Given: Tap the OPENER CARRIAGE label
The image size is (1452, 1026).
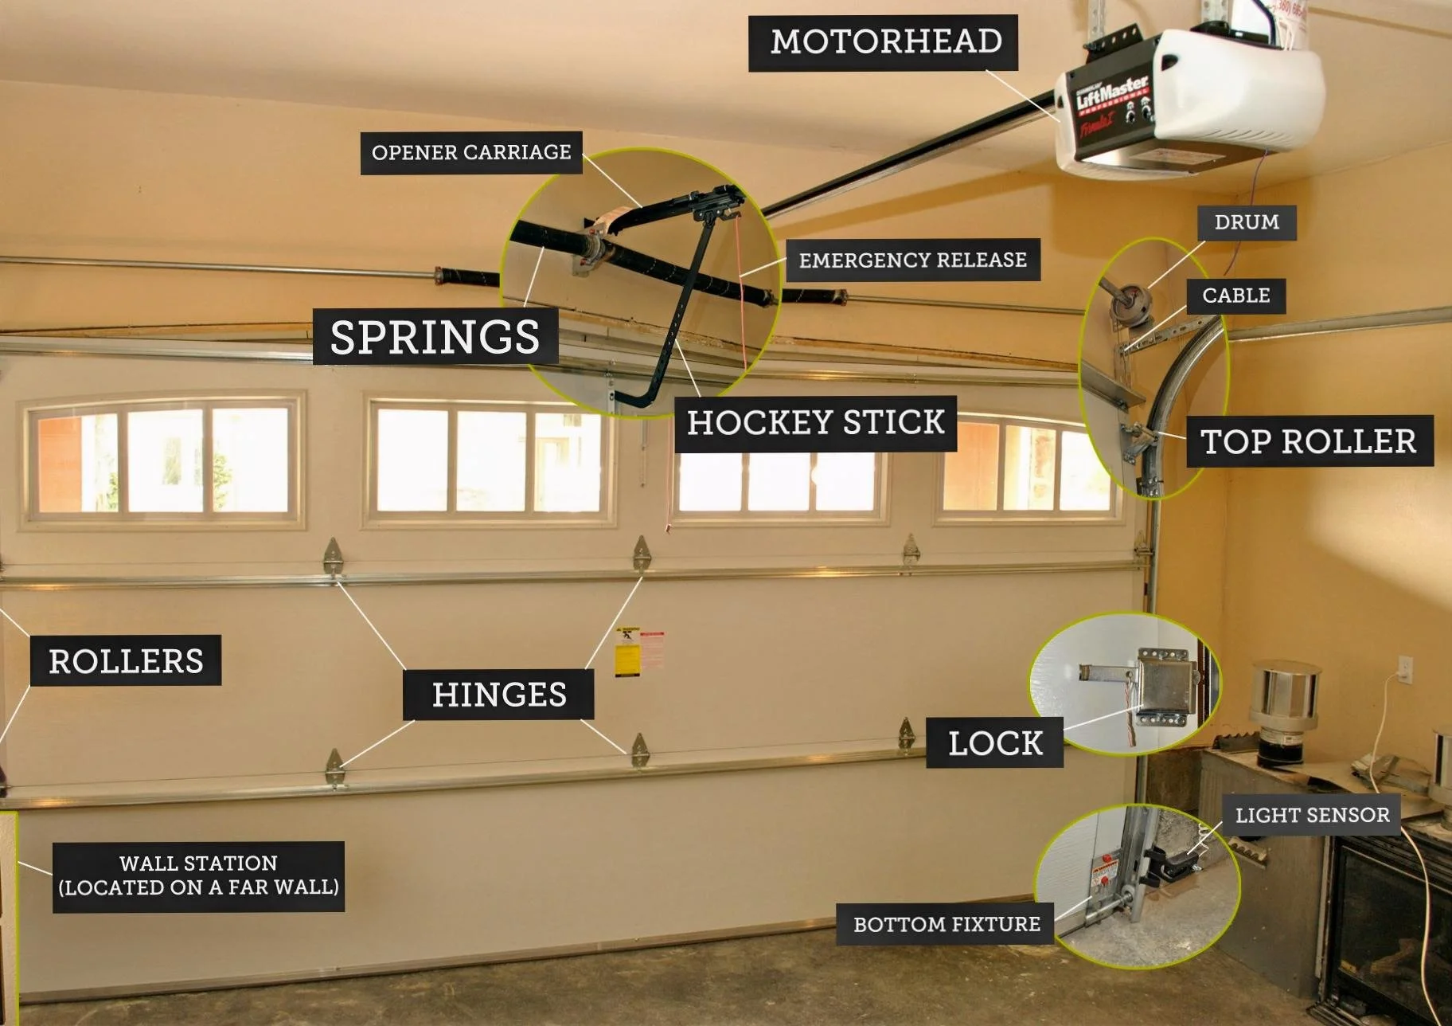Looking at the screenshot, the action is [x=471, y=152].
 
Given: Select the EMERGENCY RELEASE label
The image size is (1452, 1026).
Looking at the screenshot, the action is [x=912, y=260].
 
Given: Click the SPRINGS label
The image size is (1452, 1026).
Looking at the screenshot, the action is [x=435, y=336].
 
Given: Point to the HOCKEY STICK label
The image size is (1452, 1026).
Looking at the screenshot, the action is [x=815, y=422].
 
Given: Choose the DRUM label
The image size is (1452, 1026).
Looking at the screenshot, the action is [x=1247, y=222].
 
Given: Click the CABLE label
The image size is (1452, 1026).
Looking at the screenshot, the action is [x=1235, y=296].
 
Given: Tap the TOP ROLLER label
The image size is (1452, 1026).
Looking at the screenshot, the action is [x=1309, y=441].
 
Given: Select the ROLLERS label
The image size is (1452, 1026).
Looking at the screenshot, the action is [x=126, y=661].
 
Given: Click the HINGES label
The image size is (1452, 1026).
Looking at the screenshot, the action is [x=499, y=695].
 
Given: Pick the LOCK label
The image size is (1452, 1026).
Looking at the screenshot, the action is [x=995, y=743].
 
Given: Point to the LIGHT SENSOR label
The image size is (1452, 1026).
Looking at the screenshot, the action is [x=1312, y=815].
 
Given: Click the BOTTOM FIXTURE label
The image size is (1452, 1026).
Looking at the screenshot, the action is [x=947, y=924].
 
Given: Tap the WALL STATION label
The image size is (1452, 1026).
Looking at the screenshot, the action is [x=198, y=875].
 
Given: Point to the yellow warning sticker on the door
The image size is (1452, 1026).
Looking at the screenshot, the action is [x=627, y=652].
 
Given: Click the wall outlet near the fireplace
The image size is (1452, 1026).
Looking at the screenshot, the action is [x=1405, y=669].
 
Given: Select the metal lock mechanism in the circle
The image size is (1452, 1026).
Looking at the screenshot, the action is [x=1164, y=684].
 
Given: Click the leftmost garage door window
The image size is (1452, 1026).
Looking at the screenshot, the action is [x=163, y=460].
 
